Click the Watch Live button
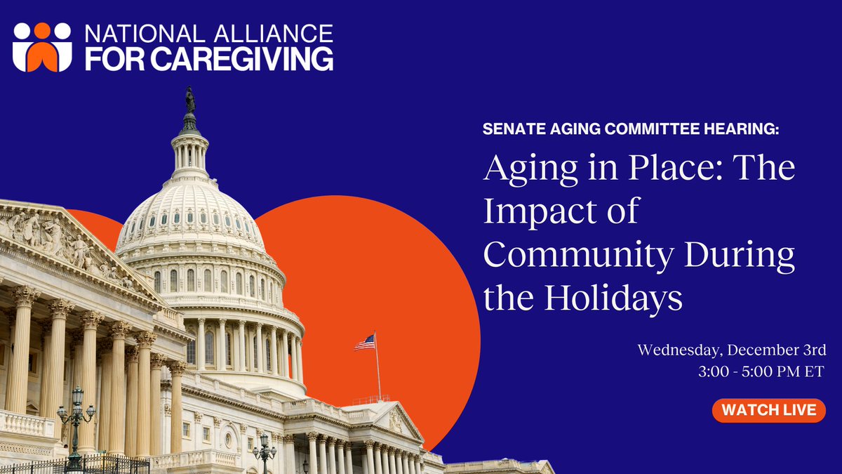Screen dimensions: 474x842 pyautogui.click(x=768, y=410)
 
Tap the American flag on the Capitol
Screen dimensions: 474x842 pyautogui.click(x=365, y=342)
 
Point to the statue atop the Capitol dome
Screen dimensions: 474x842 pyautogui.click(x=189, y=100)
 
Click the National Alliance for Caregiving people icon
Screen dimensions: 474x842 pyautogui.click(x=42, y=46)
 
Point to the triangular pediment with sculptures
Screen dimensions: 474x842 pyautogui.click(x=63, y=242)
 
